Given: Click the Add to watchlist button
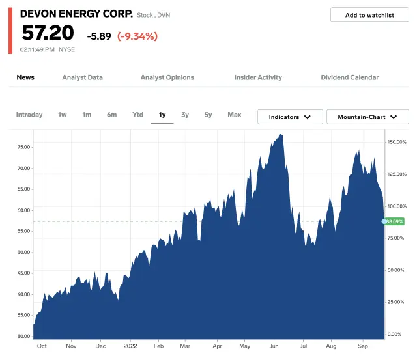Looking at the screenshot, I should click(x=369, y=15).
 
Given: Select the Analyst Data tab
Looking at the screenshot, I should click(x=82, y=77).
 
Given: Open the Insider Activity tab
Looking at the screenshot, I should click(x=258, y=77).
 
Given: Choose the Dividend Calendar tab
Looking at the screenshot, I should click(x=349, y=77).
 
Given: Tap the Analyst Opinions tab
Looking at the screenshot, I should click(x=167, y=77).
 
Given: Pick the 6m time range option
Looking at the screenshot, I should click(x=112, y=115).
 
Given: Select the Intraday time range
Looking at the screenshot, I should click(x=29, y=115).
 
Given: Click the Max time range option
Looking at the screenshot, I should click(x=235, y=115).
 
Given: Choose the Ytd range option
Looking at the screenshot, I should click(x=137, y=115).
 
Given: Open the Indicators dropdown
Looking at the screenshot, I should click(x=289, y=117).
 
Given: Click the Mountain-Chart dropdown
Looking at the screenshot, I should click(x=367, y=117).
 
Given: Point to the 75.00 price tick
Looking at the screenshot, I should click(x=23, y=147).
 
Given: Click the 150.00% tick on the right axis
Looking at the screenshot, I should click(x=396, y=141).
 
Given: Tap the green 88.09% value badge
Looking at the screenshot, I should click(x=394, y=221).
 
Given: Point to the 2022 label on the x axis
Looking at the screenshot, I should click(x=130, y=347).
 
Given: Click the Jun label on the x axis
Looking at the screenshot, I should click(x=274, y=347).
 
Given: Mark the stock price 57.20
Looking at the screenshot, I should click(x=48, y=33).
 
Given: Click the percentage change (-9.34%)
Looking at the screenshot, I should click(x=137, y=36).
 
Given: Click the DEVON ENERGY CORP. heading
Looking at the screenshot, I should click(x=76, y=14).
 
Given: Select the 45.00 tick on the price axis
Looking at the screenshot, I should click(x=23, y=273).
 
